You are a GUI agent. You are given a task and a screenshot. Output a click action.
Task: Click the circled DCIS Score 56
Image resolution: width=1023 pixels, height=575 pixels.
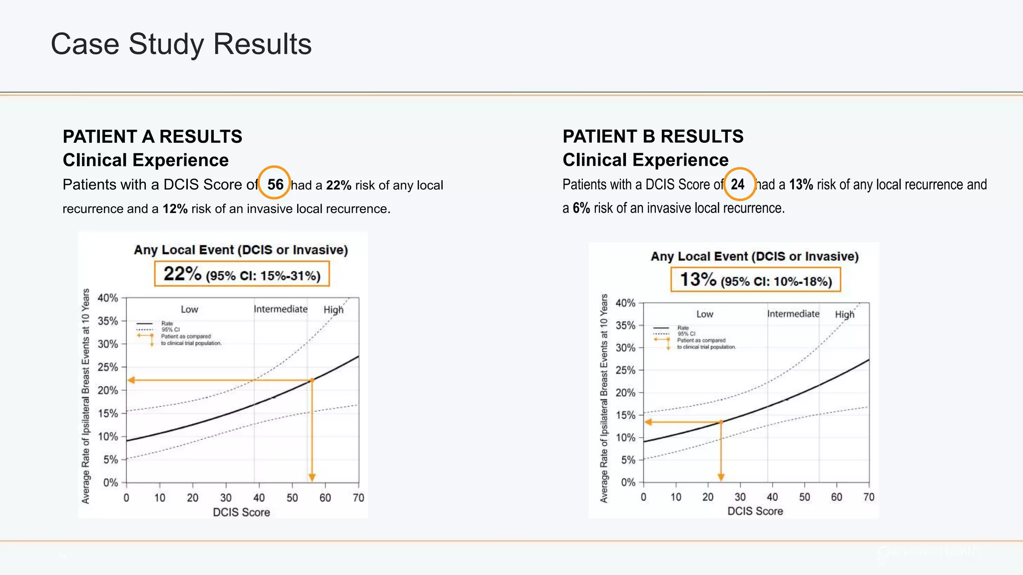click(275, 184)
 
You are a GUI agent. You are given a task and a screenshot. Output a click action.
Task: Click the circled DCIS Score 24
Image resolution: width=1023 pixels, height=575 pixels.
click(738, 184)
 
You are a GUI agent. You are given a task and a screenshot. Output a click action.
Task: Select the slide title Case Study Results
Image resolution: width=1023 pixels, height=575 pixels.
click(181, 44)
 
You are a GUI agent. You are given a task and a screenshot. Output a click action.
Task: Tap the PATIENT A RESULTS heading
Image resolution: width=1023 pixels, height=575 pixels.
click(152, 136)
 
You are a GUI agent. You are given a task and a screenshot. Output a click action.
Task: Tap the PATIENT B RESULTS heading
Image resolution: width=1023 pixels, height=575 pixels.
click(653, 136)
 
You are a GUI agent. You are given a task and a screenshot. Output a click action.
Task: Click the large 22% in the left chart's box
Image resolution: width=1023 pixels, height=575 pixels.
click(182, 274)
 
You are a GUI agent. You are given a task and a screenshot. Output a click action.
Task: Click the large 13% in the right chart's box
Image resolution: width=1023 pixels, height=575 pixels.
click(698, 279)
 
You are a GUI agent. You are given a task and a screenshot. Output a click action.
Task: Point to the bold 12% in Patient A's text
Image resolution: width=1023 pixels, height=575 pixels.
click(175, 209)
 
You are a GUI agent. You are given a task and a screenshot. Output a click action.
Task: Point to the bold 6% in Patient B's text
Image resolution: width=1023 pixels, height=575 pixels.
click(581, 208)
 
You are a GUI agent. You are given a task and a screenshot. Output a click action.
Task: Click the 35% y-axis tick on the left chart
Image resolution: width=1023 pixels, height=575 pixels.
click(107, 321)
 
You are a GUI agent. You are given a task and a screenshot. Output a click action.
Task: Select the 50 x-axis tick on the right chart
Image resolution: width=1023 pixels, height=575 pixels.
click(804, 497)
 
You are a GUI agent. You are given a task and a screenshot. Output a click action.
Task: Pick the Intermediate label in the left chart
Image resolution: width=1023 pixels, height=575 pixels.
click(280, 309)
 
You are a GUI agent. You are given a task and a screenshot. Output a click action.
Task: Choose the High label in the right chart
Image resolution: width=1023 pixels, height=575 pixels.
click(845, 314)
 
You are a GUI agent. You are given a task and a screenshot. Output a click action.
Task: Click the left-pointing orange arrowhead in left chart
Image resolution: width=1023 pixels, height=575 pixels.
click(131, 380)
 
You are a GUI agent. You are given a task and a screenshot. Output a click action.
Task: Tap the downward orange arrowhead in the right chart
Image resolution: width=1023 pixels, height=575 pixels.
click(721, 477)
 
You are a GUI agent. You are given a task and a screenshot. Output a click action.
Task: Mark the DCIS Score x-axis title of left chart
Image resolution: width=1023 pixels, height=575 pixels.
click(241, 512)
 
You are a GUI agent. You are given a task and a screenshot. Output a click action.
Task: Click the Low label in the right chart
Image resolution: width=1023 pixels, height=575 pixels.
click(704, 314)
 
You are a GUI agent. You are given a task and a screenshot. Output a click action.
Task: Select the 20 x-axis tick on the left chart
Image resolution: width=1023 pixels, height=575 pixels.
click(192, 498)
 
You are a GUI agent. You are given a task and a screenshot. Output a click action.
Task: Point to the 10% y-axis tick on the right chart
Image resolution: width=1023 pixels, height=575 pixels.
click(625, 438)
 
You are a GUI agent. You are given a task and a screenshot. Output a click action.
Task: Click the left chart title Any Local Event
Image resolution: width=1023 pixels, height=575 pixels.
click(240, 250)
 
